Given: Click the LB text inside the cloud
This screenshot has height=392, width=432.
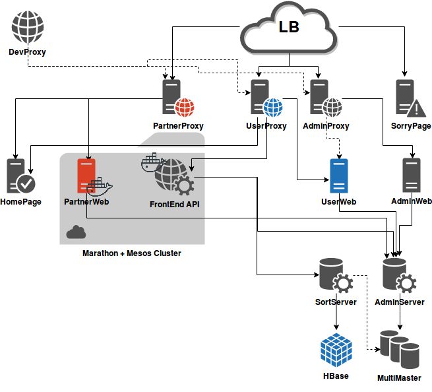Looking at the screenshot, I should pyautogui.click(x=288, y=27).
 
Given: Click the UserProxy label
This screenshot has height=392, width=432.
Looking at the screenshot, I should pyautogui.click(x=266, y=126).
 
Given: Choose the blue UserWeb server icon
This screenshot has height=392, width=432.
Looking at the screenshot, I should pyautogui.click(x=339, y=176).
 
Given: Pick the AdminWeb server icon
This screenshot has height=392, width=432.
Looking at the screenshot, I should pyautogui.click(x=412, y=176).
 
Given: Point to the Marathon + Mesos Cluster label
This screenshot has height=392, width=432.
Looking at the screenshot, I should pyautogui.click(x=131, y=253).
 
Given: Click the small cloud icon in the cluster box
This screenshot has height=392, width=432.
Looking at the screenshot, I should pyautogui.click(x=76, y=232).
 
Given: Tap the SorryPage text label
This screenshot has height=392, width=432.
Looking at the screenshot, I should pyautogui.click(x=411, y=126).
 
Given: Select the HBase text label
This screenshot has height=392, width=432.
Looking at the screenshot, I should pyautogui.click(x=336, y=376).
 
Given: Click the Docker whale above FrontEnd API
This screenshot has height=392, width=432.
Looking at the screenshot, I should pyautogui.click(x=152, y=162).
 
